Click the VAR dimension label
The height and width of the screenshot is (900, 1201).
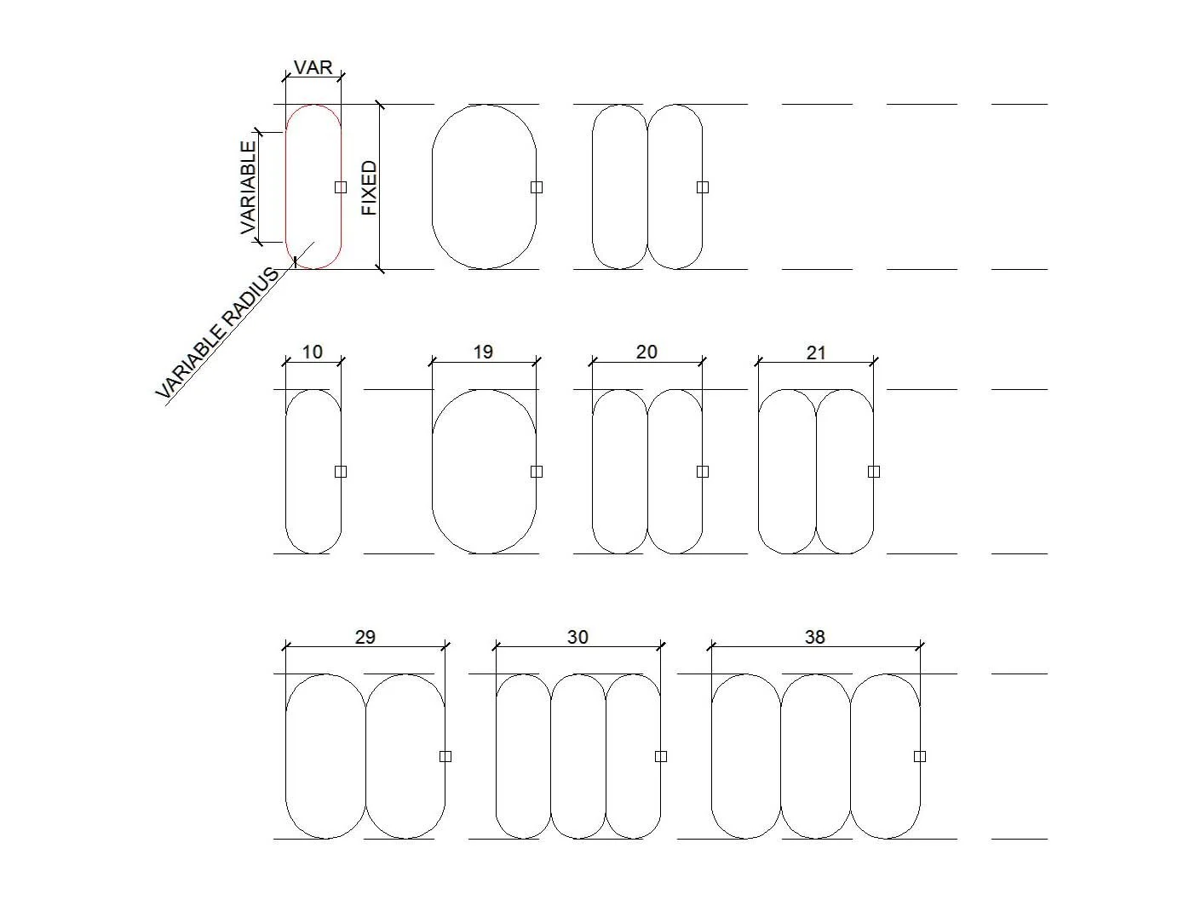pyautogui.click(x=313, y=67)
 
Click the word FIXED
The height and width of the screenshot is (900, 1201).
pyautogui.click(x=370, y=187)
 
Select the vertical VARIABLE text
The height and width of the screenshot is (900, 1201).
pyautogui.click(x=249, y=187)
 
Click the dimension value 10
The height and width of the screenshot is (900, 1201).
pyautogui.click(x=313, y=353)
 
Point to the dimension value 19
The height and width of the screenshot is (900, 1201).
pyautogui.click(x=483, y=353)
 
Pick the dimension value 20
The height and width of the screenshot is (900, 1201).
pyautogui.click(x=646, y=353)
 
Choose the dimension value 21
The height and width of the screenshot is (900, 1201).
pyautogui.click(x=816, y=353)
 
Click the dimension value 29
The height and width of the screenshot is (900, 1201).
pyautogui.click(x=365, y=637)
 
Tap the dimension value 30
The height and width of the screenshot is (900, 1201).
pyautogui.click(x=578, y=637)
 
